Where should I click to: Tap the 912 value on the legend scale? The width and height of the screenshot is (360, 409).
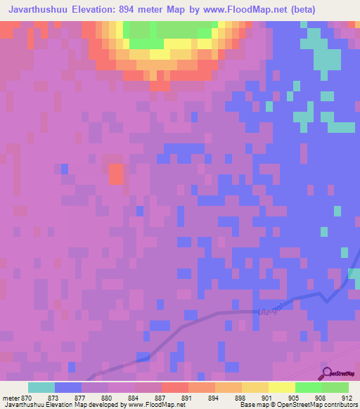click(346, 398)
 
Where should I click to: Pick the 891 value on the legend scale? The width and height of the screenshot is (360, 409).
click(186, 398)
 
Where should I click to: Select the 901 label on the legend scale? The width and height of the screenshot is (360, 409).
click(266, 398)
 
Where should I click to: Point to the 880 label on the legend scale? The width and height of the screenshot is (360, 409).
click(107, 398)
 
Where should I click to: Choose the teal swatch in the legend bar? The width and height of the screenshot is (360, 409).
click(41, 387)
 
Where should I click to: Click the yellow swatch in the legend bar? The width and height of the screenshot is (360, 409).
click(281, 387)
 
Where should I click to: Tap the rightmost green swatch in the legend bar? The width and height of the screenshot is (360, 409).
click(335, 387)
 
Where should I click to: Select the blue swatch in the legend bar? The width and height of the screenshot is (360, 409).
click(67, 387)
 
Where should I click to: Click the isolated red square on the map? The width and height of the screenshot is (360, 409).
click(116, 173)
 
